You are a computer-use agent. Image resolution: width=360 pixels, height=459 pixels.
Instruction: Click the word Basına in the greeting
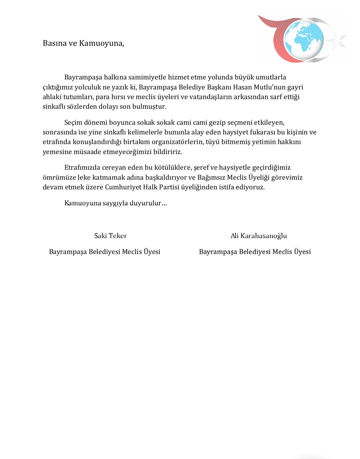pyautogui.click(x=54, y=43)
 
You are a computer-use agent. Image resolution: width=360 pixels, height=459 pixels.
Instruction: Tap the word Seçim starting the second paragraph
pyautogui.click(x=73, y=122)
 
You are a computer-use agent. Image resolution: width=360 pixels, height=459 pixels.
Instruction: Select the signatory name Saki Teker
pyautogui.click(x=111, y=236)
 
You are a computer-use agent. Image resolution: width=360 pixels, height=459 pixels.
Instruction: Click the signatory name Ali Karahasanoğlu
pyautogui.click(x=259, y=236)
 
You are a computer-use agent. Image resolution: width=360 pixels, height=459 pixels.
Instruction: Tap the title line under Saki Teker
pyautogui.click(x=105, y=252)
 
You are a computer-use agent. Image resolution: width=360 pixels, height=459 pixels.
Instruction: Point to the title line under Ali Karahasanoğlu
pyautogui.click(x=255, y=252)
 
